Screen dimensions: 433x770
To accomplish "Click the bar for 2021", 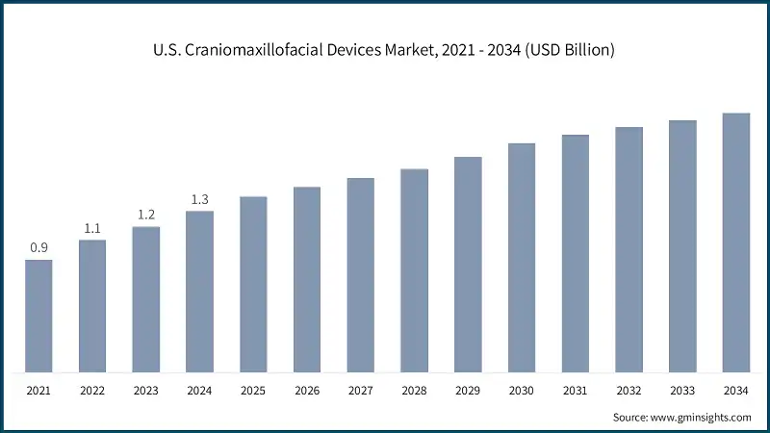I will pyautogui.click(x=38, y=316).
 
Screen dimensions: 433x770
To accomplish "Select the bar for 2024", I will pyautogui.click(x=199, y=291).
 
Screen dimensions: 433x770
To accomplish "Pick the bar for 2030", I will pyautogui.click(x=522, y=257).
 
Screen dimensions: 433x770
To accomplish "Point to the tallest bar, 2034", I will pyautogui.click(x=736, y=242).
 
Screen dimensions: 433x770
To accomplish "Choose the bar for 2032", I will pyautogui.click(x=629, y=249).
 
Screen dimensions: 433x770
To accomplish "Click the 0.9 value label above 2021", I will pyautogui.click(x=38, y=248).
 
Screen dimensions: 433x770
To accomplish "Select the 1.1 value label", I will pyautogui.click(x=92, y=228).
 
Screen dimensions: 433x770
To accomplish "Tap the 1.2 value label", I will pyautogui.click(x=146, y=215).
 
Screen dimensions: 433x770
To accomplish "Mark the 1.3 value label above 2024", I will pyautogui.click(x=199, y=199).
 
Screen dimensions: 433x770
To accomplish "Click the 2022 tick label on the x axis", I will pyautogui.click(x=92, y=392).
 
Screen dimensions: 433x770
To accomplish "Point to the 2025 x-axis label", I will pyautogui.click(x=253, y=392).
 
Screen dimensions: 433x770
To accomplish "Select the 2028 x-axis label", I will pyautogui.click(x=414, y=392).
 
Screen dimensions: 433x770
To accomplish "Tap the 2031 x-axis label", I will pyautogui.click(x=576, y=392).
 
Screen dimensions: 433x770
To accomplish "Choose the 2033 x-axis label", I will pyautogui.click(x=682, y=392).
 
